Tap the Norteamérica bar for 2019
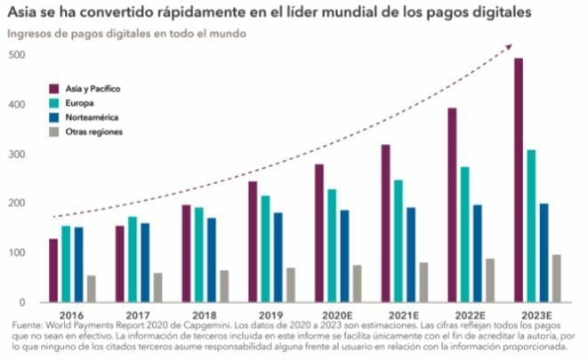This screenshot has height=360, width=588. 278,257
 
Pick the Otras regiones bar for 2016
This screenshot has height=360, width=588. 92,288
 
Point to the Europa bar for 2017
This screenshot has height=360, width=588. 133,259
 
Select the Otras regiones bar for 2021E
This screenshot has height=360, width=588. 423,282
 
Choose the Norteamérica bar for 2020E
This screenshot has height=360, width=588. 343,256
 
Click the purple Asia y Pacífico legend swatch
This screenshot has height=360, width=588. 54,89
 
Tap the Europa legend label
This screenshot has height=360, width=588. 79,103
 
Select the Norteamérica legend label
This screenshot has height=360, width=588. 92,117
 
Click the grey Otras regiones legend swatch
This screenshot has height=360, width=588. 54,132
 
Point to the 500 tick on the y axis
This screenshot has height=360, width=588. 17,55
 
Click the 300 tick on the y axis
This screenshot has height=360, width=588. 17,155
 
